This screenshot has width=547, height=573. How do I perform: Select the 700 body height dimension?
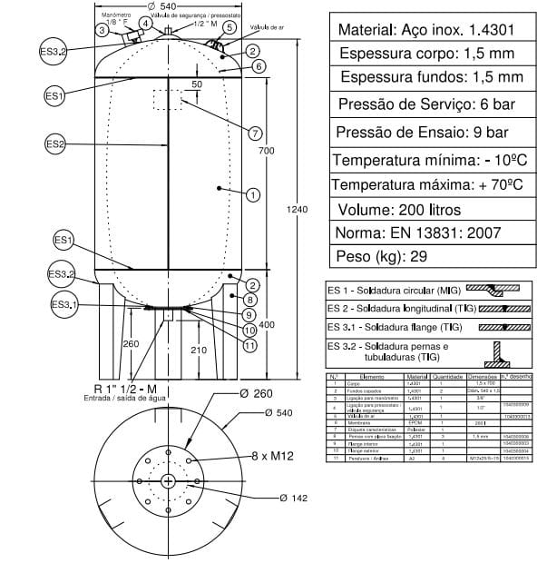[265, 150]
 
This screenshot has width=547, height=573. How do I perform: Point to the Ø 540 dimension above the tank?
[167, 6]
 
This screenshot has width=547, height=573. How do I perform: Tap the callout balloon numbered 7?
[255, 133]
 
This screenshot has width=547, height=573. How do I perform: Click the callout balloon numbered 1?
[253, 193]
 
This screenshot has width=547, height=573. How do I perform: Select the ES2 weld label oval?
[56, 143]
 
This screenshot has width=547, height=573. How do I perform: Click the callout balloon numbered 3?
[103, 30]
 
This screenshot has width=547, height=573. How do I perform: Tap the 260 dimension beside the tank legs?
[131, 343]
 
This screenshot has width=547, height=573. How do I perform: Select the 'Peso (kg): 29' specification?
[381, 257]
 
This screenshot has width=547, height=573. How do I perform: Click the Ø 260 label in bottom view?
[258, 395]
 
